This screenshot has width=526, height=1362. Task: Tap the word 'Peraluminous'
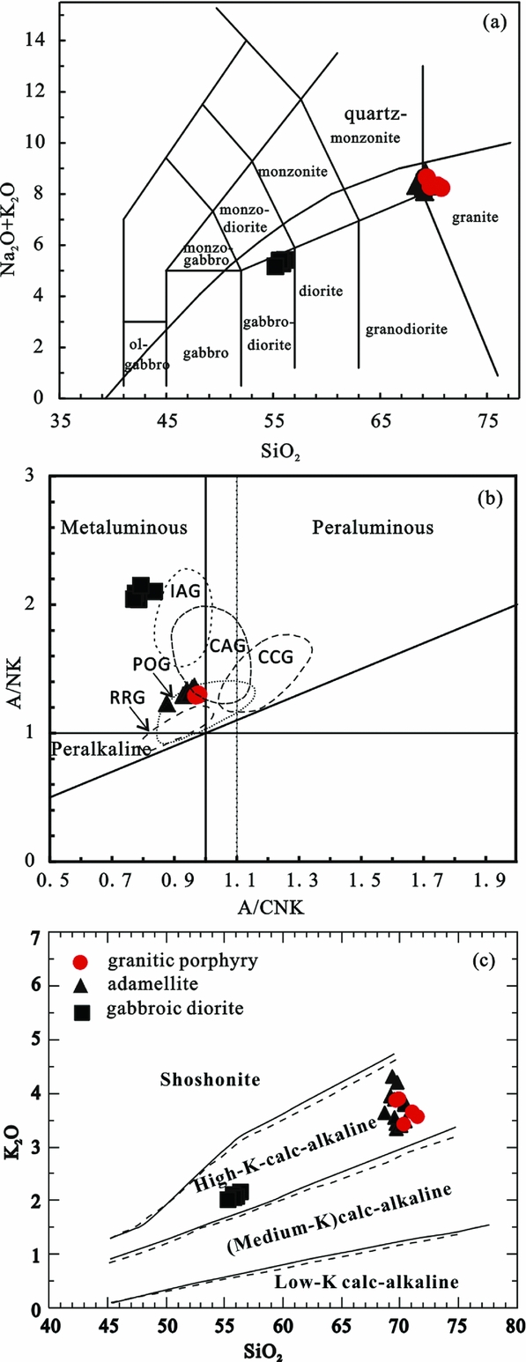pos(373,529)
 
